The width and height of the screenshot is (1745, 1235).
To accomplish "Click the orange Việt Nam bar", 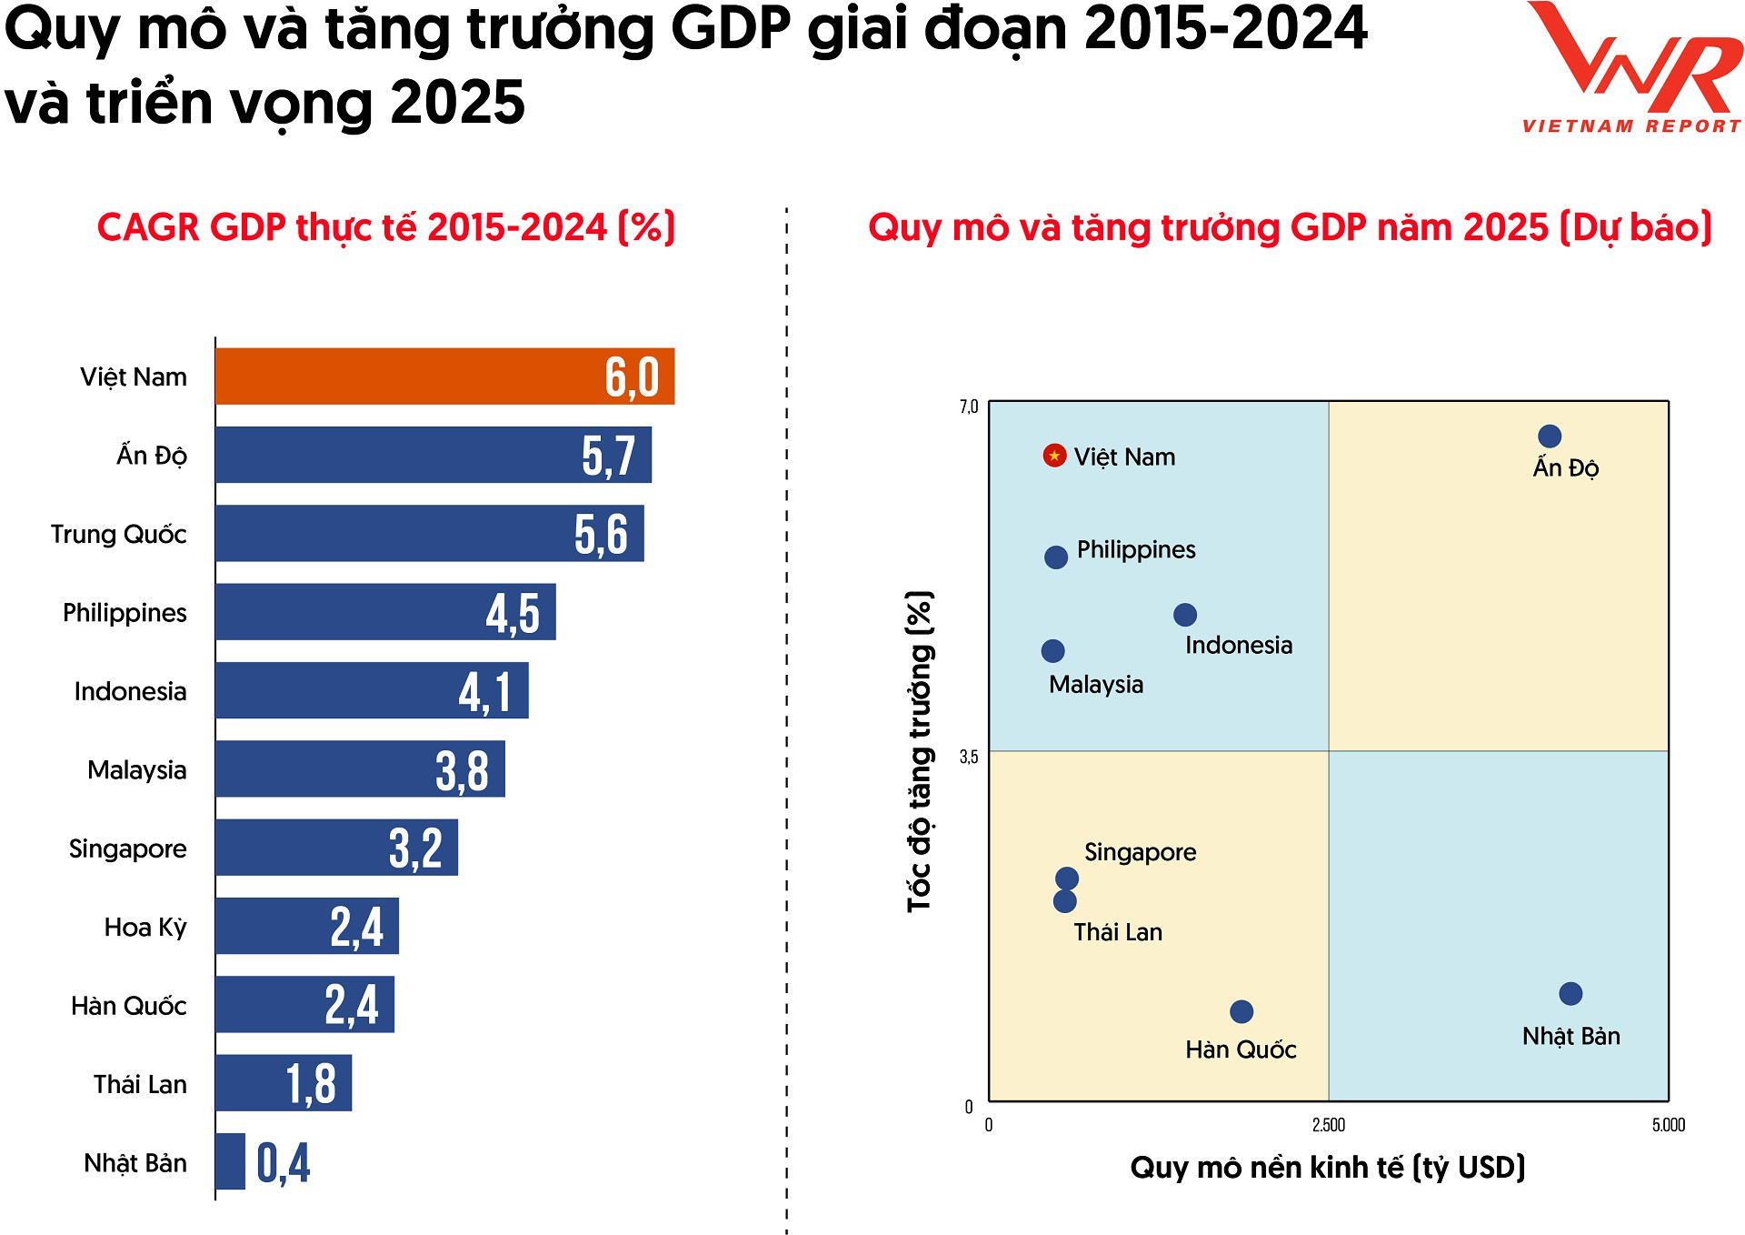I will [444, 377].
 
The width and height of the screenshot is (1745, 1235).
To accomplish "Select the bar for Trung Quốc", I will [429, 534].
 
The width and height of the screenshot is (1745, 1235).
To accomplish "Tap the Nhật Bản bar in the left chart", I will [231, 1161].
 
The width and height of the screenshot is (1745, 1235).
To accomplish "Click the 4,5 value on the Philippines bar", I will [513, 613].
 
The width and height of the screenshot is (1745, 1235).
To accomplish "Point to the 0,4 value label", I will [284, 1163].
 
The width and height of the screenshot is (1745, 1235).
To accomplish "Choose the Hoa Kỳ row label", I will [145, 928].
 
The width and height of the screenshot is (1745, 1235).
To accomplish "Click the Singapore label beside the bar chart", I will [128, 849].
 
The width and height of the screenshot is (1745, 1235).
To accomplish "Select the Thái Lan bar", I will [284, 1083].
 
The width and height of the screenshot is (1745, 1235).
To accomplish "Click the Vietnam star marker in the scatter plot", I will [1054, 456].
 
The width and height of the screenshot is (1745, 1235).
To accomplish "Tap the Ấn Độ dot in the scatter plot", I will [1550, 437].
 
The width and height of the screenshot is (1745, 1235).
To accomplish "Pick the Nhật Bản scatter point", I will [1570, 994].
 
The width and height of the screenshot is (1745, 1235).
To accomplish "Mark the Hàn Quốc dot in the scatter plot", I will [1241, 1011].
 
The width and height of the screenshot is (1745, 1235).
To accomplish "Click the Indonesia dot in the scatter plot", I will [1185, 615].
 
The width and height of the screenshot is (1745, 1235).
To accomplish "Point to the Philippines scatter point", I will [1056, 557].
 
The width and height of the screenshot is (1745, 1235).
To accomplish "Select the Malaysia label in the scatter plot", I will [1096, 685].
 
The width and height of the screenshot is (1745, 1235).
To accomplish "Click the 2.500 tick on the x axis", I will [1329, 1126].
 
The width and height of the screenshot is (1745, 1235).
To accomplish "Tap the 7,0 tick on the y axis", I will [969, 407].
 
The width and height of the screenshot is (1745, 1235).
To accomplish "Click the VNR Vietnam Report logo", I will [1632, 69].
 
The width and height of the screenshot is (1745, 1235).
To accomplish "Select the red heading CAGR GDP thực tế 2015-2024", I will [386, 227].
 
